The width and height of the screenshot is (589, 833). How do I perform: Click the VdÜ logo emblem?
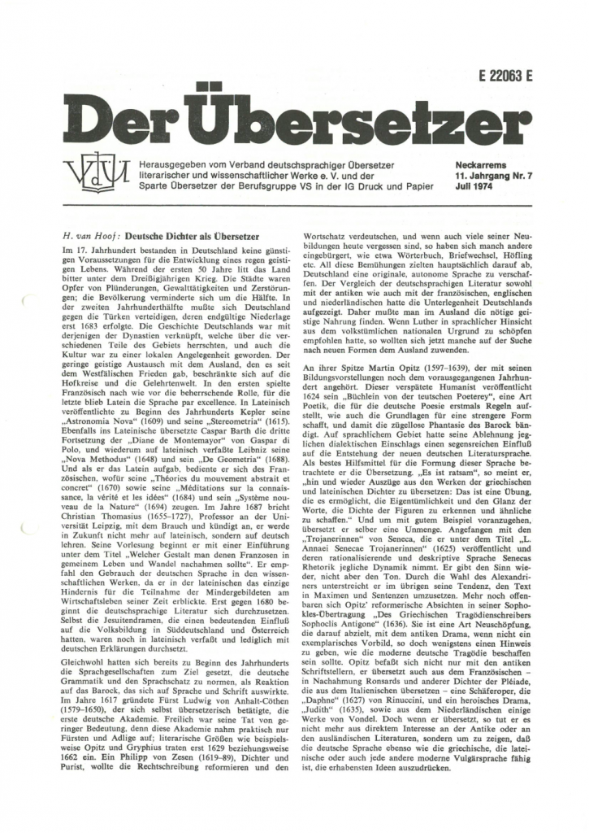pyautogui.click(x=87, y=173)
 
